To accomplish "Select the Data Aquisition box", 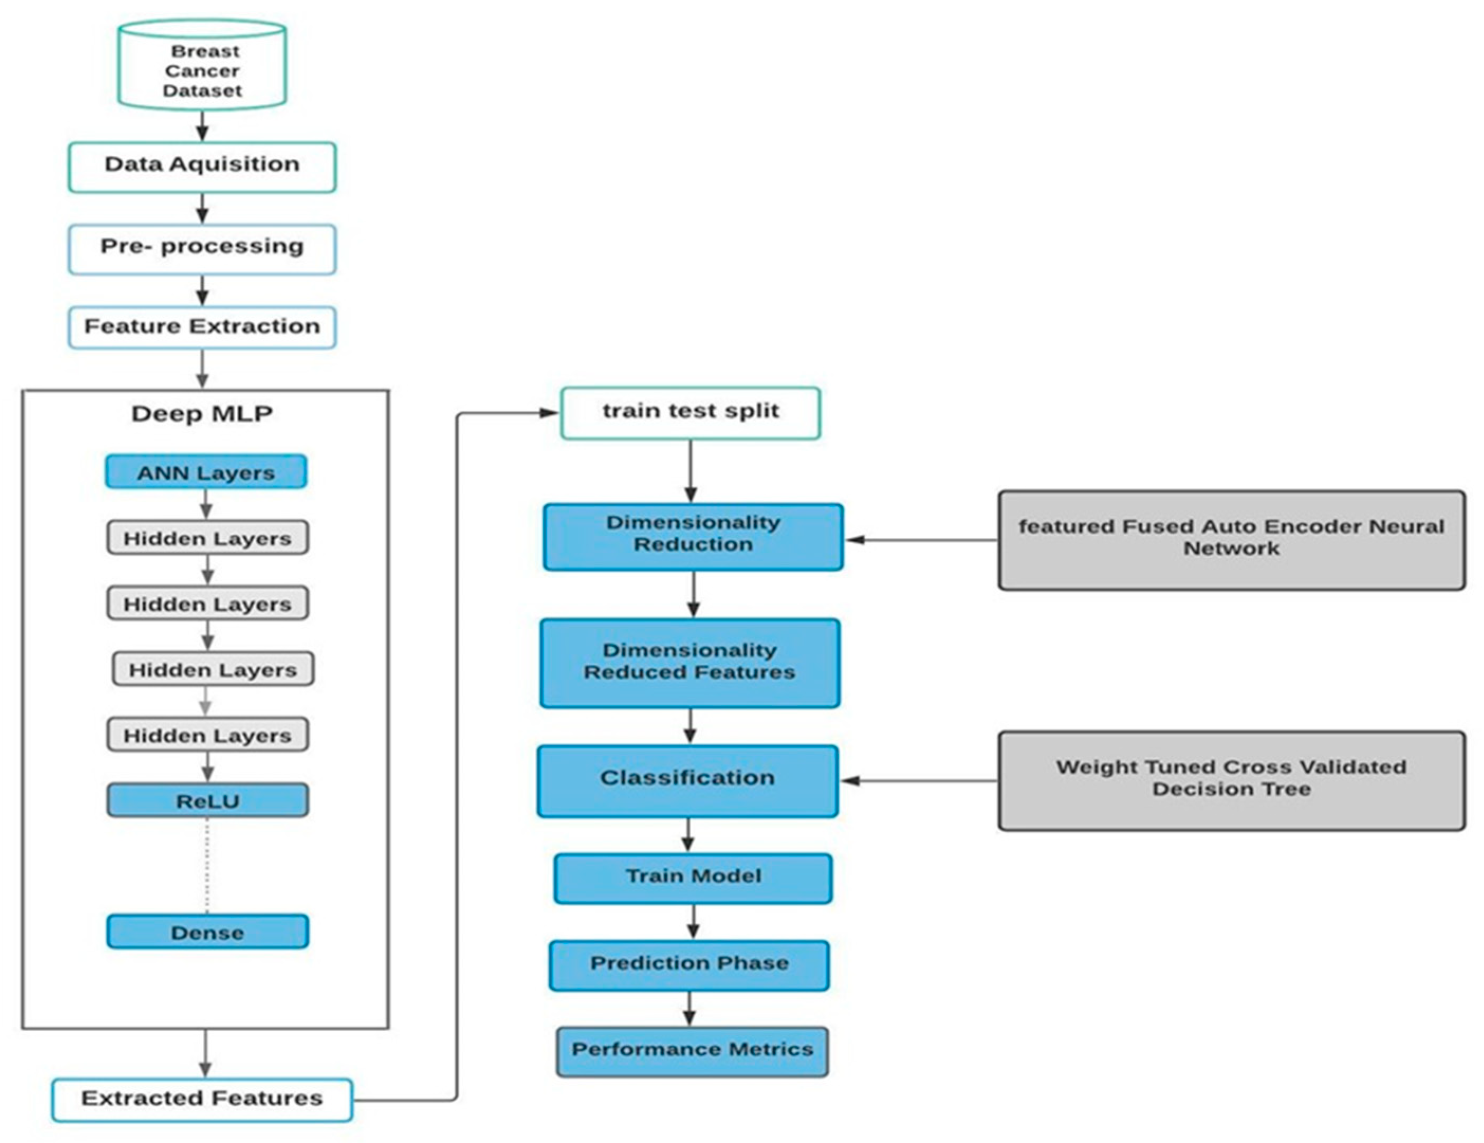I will (202, 166).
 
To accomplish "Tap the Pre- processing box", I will (202, 249).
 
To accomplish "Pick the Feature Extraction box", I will (202, 328).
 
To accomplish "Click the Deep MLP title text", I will (202, 413).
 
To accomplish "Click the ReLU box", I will (207, 801).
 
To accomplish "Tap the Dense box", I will (207, 932).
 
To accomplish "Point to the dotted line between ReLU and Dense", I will (207, 867).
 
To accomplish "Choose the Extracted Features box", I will (202, 1099).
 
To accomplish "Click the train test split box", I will (690, 413).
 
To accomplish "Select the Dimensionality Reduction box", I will (693, 537).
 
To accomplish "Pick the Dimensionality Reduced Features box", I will (690, 663).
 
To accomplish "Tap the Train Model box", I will (693, 878).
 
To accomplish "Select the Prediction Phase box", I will (689, 965).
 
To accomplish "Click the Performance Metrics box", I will (692, 1051).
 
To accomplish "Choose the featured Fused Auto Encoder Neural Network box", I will (1231, 540).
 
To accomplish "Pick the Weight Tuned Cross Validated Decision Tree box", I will (1231, 780).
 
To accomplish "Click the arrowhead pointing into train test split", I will (549, 413).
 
